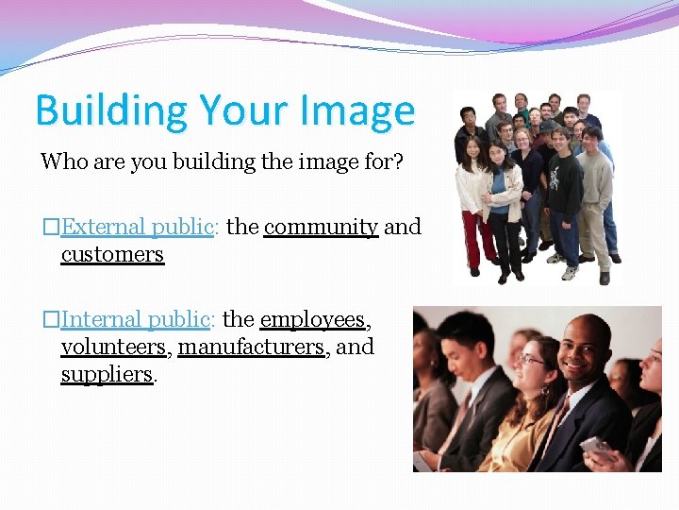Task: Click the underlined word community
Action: pyautogui.click(x=321, y=227)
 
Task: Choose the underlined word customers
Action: pyautogui.click(x=112, y=254)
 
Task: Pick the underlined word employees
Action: pyautogui.click(x=313, y=319)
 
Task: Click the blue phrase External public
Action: pyautogui.click(x=138, y=227)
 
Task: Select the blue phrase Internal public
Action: pyautogui.click(x=135, y=319)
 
